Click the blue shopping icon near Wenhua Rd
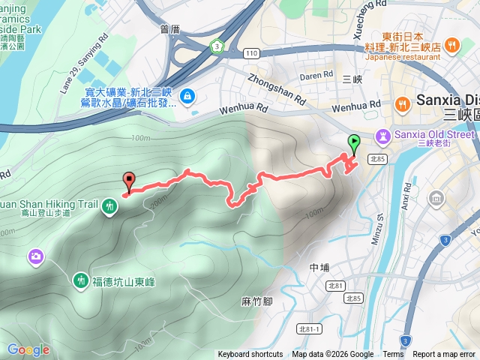(187, 95)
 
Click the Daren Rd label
(316, 75)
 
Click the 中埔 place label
(319, 267)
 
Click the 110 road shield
(251, 52)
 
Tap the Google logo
(28, 349)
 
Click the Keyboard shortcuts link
(250, 355)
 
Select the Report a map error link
(445, 355)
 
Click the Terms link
(393, 355)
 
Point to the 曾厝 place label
(171, 28)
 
